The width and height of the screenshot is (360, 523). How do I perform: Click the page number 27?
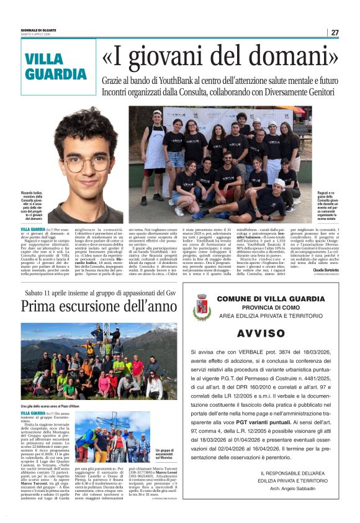click(x=335, y=32)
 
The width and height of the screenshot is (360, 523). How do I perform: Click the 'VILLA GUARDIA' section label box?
click(x=58, y=66)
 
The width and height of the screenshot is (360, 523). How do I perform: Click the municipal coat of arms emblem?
click(x=202, y=307)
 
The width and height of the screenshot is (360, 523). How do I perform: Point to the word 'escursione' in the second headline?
click(x=117, y=306)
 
